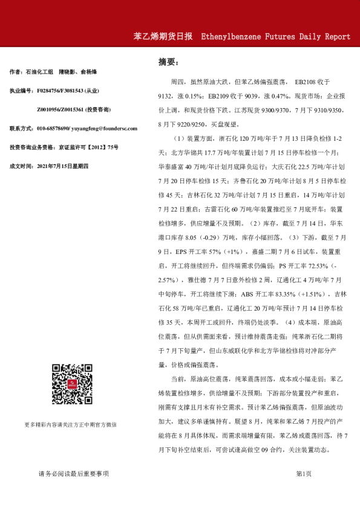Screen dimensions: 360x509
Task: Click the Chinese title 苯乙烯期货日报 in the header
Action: (163, 36)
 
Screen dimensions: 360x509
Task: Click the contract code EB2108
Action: (306, 81)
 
